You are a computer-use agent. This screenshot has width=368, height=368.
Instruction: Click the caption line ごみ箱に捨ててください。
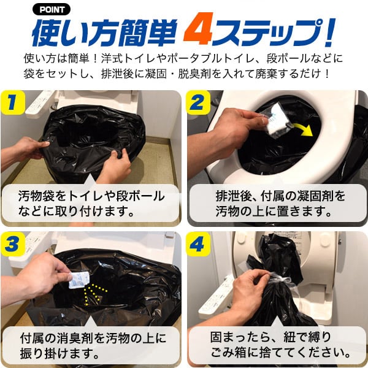pos(280,354)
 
